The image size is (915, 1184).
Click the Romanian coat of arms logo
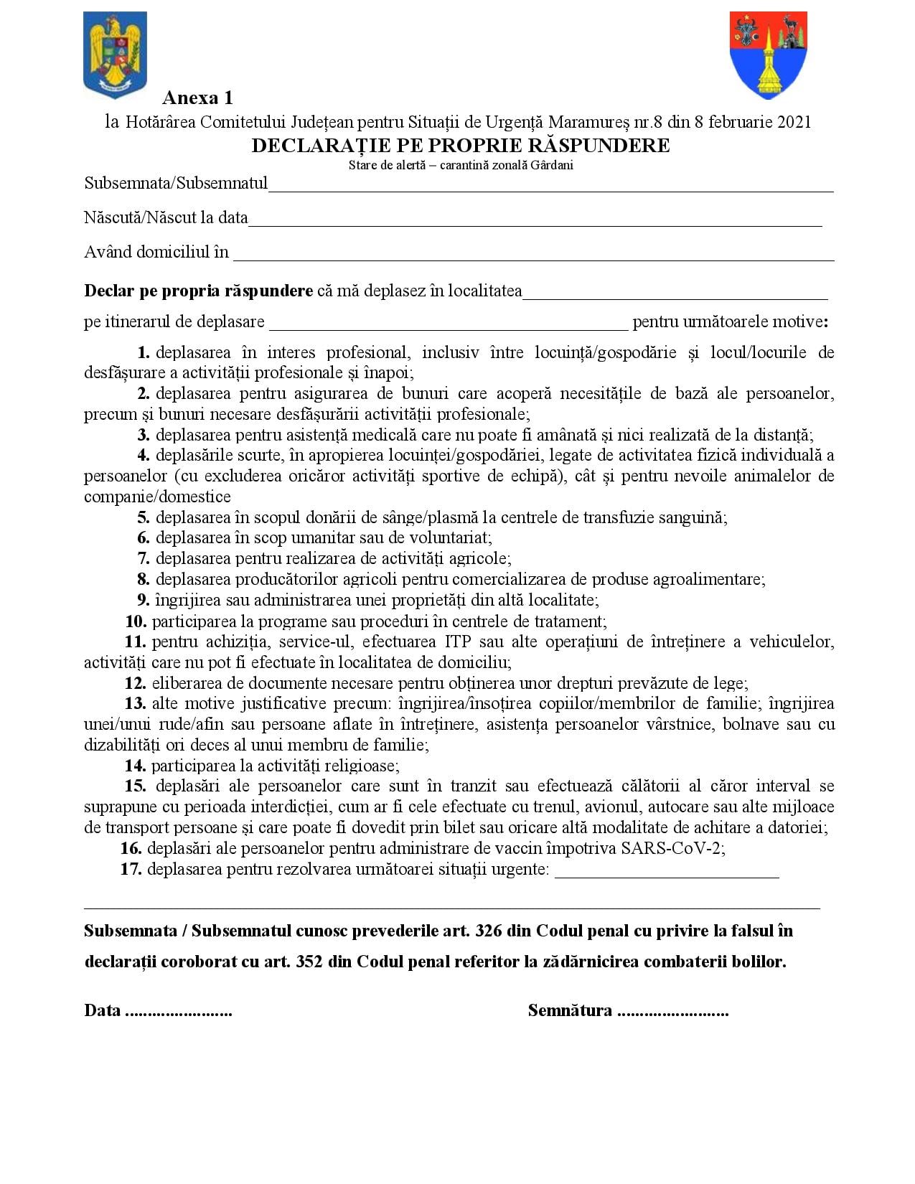115,55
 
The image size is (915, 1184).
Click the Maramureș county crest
768,55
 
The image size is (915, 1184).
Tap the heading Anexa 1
197,98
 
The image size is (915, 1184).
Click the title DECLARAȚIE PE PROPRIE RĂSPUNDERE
460,146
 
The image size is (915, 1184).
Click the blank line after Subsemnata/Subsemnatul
550,188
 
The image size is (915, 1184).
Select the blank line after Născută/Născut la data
535,222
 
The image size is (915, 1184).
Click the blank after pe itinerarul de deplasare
449,326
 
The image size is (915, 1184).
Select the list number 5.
144,517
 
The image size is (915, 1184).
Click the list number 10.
136,621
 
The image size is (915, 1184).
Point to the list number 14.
136,766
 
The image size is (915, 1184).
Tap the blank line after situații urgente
667,874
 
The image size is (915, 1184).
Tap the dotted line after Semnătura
672,1012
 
